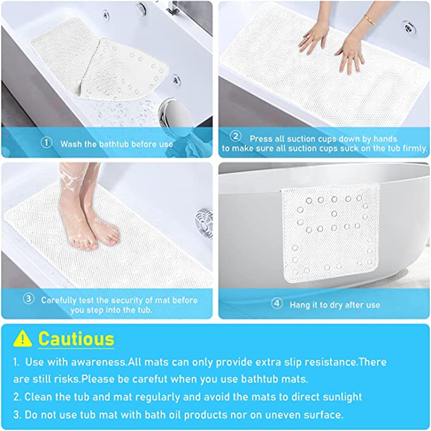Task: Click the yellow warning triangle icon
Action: (23, 338)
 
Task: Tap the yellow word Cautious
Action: (76, 339)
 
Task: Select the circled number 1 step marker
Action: (46, 143)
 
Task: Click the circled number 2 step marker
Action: (235, 136)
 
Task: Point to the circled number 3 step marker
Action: (29, 299)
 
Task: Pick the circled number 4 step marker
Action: (277, 303)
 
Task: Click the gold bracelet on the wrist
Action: (370, 20)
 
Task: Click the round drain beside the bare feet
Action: (204, 223)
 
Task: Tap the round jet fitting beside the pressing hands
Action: (408, 27)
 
